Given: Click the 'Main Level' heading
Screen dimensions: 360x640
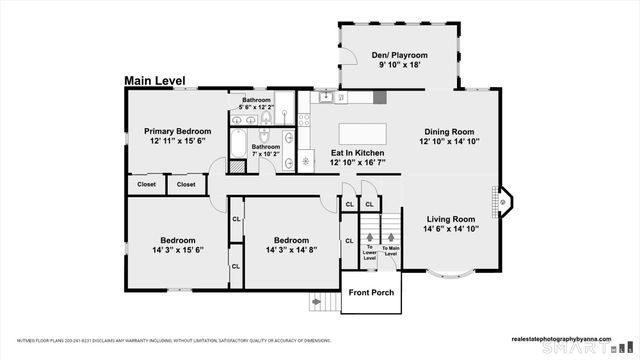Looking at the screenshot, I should point(160,81).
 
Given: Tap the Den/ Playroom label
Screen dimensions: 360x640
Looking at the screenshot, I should point(400,55).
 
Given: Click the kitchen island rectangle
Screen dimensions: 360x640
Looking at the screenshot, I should point(362,133).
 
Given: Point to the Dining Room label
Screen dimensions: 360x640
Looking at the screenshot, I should point(450,130).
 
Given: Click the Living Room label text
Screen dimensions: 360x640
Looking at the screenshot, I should point(451,217).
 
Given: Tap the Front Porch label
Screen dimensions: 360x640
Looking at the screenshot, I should point(371,293).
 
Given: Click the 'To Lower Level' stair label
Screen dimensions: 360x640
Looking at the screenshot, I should point(370,252).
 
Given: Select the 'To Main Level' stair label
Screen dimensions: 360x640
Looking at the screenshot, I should point(391,252).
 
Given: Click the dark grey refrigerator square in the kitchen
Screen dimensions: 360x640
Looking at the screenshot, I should point(380,97).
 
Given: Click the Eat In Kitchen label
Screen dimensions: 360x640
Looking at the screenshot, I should point(357,153).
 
